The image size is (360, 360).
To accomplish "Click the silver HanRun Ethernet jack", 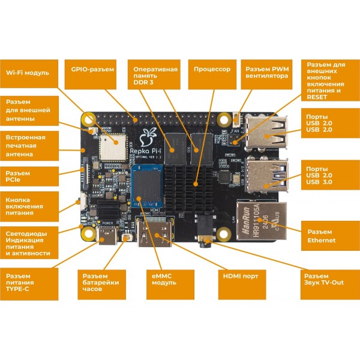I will tap(260, 219).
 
